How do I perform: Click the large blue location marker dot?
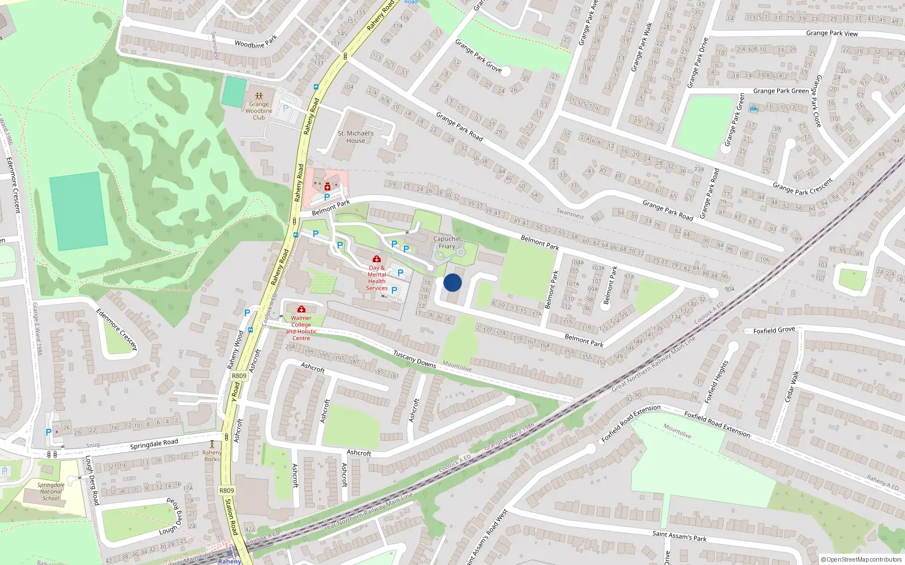pos(453,282)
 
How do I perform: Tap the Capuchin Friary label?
pos(447,242)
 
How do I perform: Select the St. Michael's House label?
pos(356,137)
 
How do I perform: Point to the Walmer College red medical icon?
pos(301,309)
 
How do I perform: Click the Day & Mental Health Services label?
pos(377,278)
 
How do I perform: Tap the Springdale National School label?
pos(51,492)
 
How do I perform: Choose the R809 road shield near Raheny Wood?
pos(239,376)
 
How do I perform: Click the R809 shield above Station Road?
pos(226,490)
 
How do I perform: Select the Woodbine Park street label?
pos(256,42)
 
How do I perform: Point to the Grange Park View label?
pos(831,33)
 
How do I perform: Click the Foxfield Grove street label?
pos(774,330)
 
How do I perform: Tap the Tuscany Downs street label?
pos(414,359)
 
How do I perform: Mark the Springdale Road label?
pos(154,444)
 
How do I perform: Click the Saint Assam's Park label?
pos(679,536)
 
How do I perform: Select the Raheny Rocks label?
pos(212,456)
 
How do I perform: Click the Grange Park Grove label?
pos(478,55)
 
